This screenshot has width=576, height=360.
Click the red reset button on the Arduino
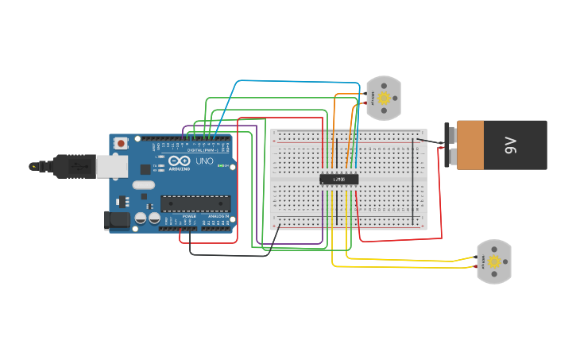(x=121, y=143)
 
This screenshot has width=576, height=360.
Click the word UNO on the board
(x=205, y=161)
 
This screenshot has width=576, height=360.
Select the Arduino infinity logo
(x=179, y=162)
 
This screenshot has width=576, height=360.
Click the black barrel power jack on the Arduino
(x=118, y=220)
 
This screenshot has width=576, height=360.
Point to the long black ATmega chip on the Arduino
(x=195, y=203)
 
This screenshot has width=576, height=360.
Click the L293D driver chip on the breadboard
(x=338, y=179)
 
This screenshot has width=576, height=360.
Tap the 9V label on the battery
(x=511, y=145)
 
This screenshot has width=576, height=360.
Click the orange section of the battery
(x=480, y=145)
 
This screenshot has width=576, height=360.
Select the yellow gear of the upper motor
(x=384, y=99)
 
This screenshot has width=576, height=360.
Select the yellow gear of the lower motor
(x=494, y=261)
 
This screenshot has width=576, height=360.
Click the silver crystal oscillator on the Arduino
(x=144, y=185)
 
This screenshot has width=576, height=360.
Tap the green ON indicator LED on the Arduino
(x=230, y=166)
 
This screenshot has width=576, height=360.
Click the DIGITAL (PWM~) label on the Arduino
(x=199, y=149)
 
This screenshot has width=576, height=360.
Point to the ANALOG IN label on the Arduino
(x=218, y=216)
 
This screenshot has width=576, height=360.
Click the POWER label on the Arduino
(x=189, y=216)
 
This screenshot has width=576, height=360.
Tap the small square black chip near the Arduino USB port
(x=145, y=169)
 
